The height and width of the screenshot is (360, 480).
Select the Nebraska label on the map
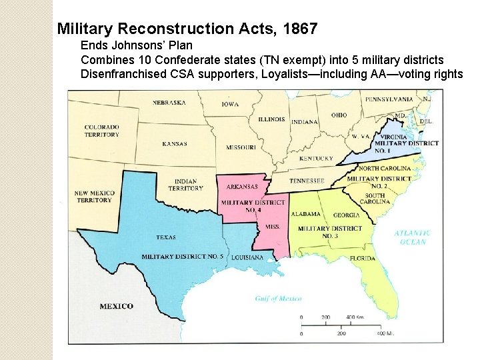pyautogui.click(x=169, y=103)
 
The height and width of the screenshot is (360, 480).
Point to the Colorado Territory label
pyautogui.click(x=101, y=131)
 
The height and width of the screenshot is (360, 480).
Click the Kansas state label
pyautogui.click(x=175, y=144)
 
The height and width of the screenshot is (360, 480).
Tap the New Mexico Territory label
pyautogui.click(x=94, y=197)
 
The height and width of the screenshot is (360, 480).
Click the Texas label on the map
pyautogui.click(x=165, y=237)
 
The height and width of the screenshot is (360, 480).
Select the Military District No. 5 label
pyautogui.click(x=182, y=257)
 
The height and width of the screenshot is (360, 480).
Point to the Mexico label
pyautogui.click(x=116, y=306)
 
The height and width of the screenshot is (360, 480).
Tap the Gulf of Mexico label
pyautogui.click(x=279, y=299)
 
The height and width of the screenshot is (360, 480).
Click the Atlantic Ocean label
pyautogui.click(x=413, y=237)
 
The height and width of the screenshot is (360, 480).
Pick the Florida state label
pyautogui.click(x=363, y=258)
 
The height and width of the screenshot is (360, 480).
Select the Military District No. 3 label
pyautogui.click(x=330, y=232)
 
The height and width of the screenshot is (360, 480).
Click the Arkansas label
pyautogui.click(x=242, y=187)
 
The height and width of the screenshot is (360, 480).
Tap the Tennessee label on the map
pyautogui.click(x=307, y=181)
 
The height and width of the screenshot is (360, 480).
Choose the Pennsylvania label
pyautogui.click(x=389, y=99)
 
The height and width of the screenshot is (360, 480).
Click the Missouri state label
pyautogui.click(x=241, y=147)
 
